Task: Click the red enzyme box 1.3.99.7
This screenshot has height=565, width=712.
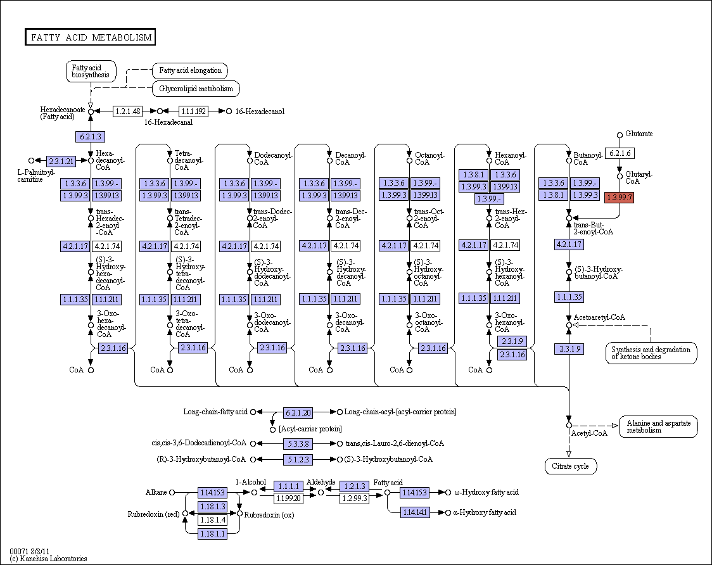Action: tap(620, 198)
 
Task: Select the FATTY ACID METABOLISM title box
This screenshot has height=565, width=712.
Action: tap(91, 37)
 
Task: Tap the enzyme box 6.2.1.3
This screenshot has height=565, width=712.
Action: tap(91, 136)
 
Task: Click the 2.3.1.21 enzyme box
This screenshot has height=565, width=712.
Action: tap(61, 161)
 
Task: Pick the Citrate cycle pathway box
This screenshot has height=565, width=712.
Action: tap(570, 466)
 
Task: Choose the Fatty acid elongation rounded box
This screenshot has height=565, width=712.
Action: tap(190, 70)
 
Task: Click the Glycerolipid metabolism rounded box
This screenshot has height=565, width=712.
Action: tap(196, 89)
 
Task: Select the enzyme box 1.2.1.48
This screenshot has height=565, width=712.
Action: tap(127, 111)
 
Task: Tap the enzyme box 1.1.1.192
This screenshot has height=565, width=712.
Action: tap(193, 111)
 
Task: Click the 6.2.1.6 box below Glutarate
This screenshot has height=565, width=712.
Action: tap(620, 153)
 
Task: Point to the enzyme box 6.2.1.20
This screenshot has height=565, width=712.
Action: tap(298, 412)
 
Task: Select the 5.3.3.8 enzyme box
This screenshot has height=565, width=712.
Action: tap(298, 444)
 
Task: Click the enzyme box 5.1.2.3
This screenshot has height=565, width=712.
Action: tap(298, 460)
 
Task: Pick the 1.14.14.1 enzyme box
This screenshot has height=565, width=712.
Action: tap(415, 512)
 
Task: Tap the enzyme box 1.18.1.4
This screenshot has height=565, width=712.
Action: tap(212, 519)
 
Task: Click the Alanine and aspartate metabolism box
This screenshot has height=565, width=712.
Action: tap(658, 426)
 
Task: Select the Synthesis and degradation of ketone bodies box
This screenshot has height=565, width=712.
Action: tap(651, 353)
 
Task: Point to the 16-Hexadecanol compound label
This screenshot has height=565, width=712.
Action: tap(260, 111)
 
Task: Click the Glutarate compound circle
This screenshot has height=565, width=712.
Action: tap(620, 135)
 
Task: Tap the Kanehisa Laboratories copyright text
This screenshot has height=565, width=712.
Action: tap(48, 559)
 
